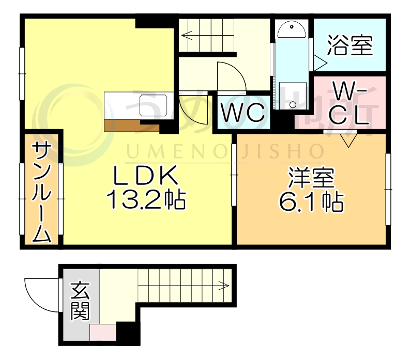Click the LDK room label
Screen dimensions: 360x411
pos(146,177)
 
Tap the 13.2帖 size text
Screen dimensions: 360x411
pos(146,199)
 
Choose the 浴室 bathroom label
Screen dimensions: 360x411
pos(349,46)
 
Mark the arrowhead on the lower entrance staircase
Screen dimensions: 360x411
pos(225,284)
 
